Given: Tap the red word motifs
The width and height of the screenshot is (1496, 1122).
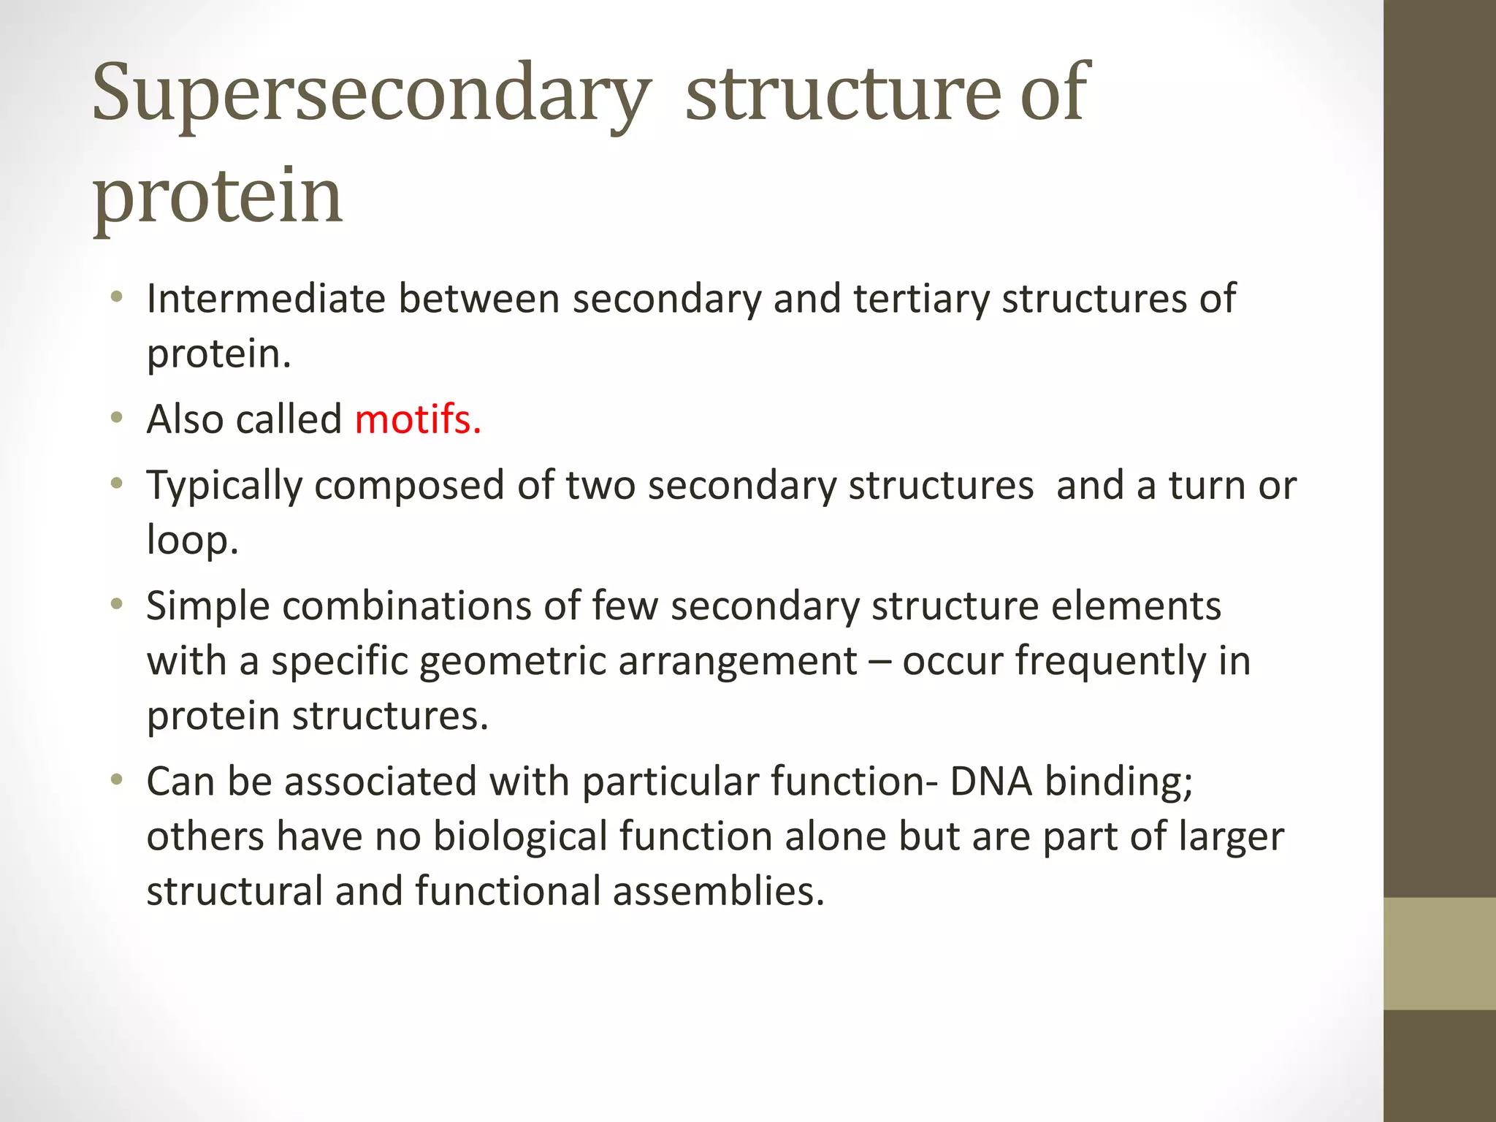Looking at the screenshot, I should click(418, 420).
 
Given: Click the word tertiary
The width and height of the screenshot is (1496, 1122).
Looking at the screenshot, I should click(920, 299).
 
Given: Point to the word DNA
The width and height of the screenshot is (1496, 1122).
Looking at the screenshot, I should click(991, 781).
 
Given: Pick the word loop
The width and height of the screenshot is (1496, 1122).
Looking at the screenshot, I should click(192, 540).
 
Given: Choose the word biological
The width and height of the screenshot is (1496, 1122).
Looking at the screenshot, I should click(520, 836).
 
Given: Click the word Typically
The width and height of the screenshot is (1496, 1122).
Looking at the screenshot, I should click(224, 486).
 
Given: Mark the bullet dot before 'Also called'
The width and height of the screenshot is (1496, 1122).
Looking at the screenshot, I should click(116, 419).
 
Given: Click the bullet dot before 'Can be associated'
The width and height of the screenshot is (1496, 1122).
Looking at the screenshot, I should click(116, 780).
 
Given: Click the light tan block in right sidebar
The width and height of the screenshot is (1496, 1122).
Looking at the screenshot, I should click(1439, 953).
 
